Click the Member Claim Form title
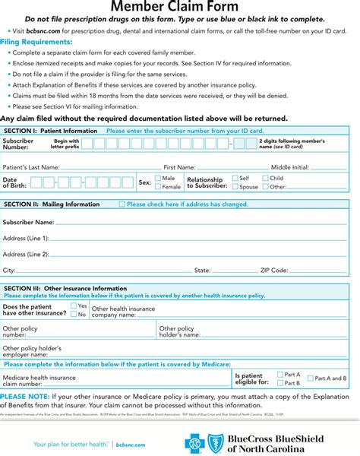[x=180, y=6]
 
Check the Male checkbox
[x=157, y=178]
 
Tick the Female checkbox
[x=157, y=186]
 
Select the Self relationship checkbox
[x=235, y=178]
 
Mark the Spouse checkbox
[x=235, y=186]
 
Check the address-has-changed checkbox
[x=122, y=204]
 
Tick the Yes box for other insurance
[x=74, y=306]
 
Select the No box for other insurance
[x=74, y=314]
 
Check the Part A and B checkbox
[x=310, y=378]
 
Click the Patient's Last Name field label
[x=31, y=166]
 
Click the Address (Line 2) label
[x=26, y=254]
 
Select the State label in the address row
[x=202, y=270]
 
